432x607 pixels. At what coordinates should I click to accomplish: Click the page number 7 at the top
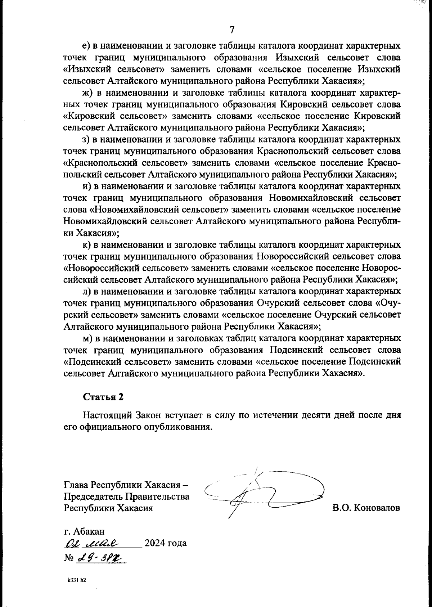pyautogui.click(x=232, y=30)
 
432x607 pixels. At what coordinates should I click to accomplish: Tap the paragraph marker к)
pyautogui.click(x=86, y=245)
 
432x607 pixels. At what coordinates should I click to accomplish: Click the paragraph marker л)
pyautogui.click(x=86, y=292)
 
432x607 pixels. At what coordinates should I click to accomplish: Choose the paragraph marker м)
pyautogui.click(x=87, y=338)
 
